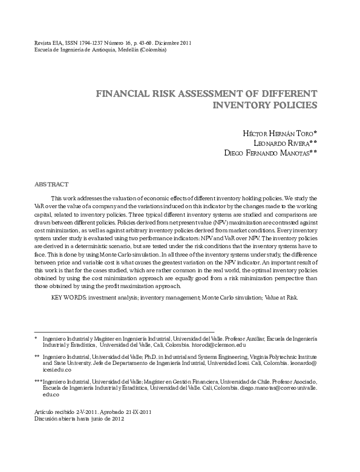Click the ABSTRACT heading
(51, 184)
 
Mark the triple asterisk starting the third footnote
(38, 382)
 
